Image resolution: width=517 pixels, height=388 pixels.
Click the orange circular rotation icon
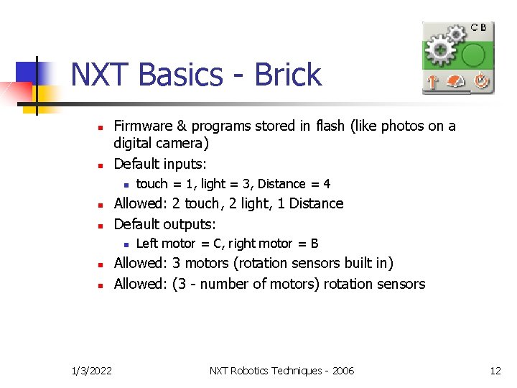[481, 82]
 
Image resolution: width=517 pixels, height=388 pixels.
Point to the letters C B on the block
[479, 27]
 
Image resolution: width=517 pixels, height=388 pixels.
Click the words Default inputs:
[160, 164]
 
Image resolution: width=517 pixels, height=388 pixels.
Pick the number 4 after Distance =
[327, 184]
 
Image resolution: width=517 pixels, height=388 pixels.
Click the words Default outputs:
[165, 223]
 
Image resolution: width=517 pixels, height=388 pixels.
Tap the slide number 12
[495, 371]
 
